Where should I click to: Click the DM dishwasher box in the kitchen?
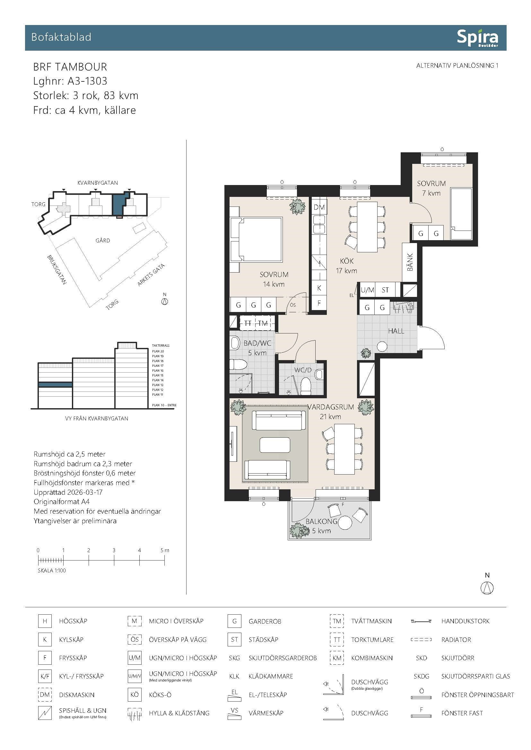click(319, 207)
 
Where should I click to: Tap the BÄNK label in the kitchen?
click(410, 262)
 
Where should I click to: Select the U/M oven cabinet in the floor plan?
click(367, 290)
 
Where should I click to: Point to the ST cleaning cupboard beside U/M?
click(385, 290)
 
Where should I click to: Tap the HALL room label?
click(396, 331)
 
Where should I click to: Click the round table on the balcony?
click(345, 522)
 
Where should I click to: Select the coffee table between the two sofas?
click(275, 444)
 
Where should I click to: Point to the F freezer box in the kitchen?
click(319, 303)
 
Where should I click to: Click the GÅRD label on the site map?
click(103, 240)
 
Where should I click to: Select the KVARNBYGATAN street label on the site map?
click(98, 182)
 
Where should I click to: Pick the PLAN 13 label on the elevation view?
click(158, 385)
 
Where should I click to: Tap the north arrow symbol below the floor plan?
click(487, 588)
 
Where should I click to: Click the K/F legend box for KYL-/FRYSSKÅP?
click(45, 676)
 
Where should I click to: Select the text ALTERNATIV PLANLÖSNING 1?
click(457, 65)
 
